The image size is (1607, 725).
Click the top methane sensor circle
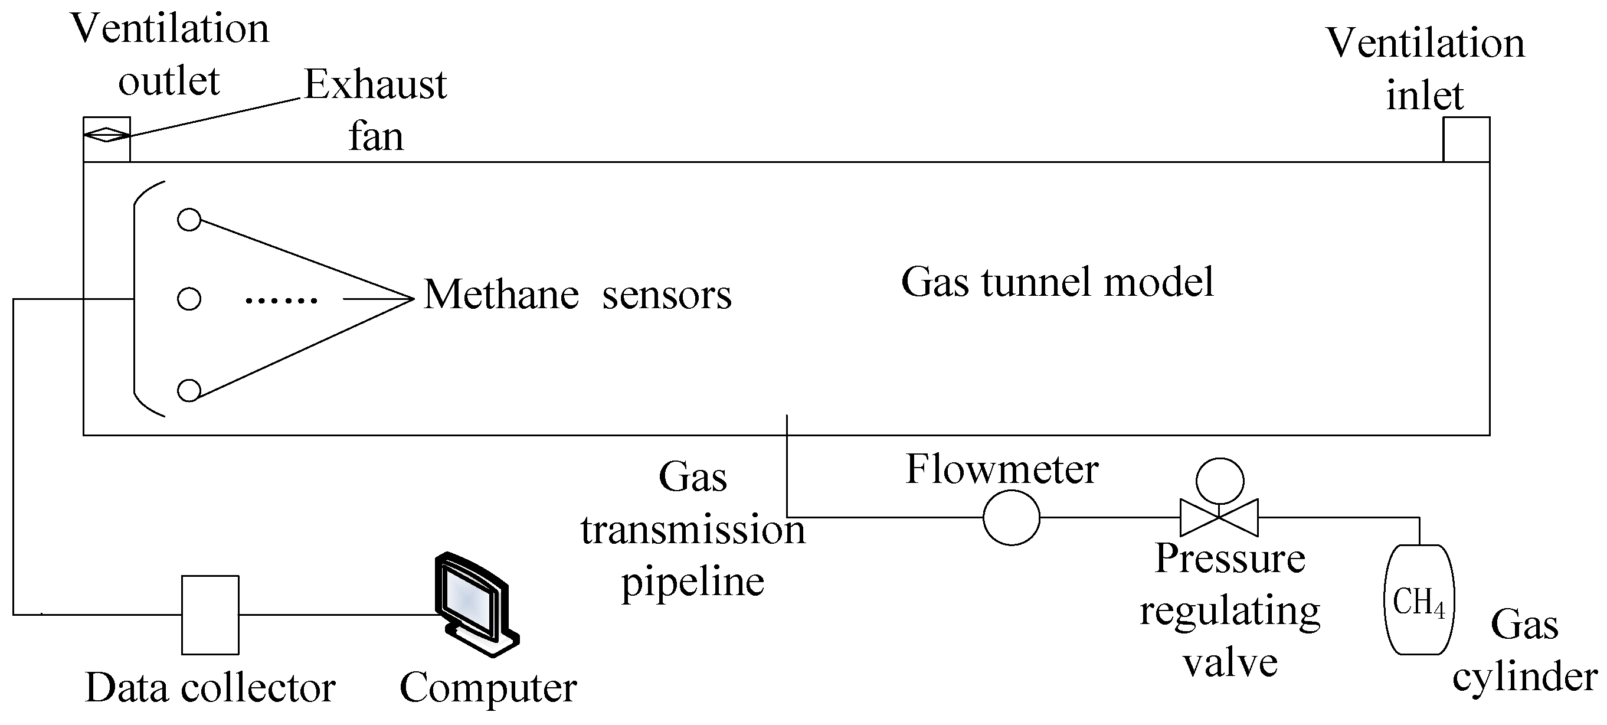(189, 220)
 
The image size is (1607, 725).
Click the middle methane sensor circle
(189, 299)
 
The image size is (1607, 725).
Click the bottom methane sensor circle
(189, 391)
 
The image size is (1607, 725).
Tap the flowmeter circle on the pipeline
(1012, 517)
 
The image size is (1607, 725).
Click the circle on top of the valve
(1220, 481)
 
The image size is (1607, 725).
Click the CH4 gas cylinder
(1419, 600)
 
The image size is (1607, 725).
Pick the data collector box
(210, 615)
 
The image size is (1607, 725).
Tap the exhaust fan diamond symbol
(107, 134)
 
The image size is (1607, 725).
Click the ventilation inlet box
(1466, 139)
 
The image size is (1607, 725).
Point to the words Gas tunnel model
(1058, 282)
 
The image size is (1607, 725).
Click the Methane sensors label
(577, 295)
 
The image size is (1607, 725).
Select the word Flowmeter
(1002, 469)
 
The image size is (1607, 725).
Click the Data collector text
(210, 688)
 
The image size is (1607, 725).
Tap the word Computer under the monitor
(488, 688)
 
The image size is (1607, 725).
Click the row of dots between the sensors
(282, 301)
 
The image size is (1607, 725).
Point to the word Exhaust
(375, 84)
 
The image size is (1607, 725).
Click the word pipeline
(692, 583)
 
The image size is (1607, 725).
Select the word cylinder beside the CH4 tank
(1524, 678)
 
